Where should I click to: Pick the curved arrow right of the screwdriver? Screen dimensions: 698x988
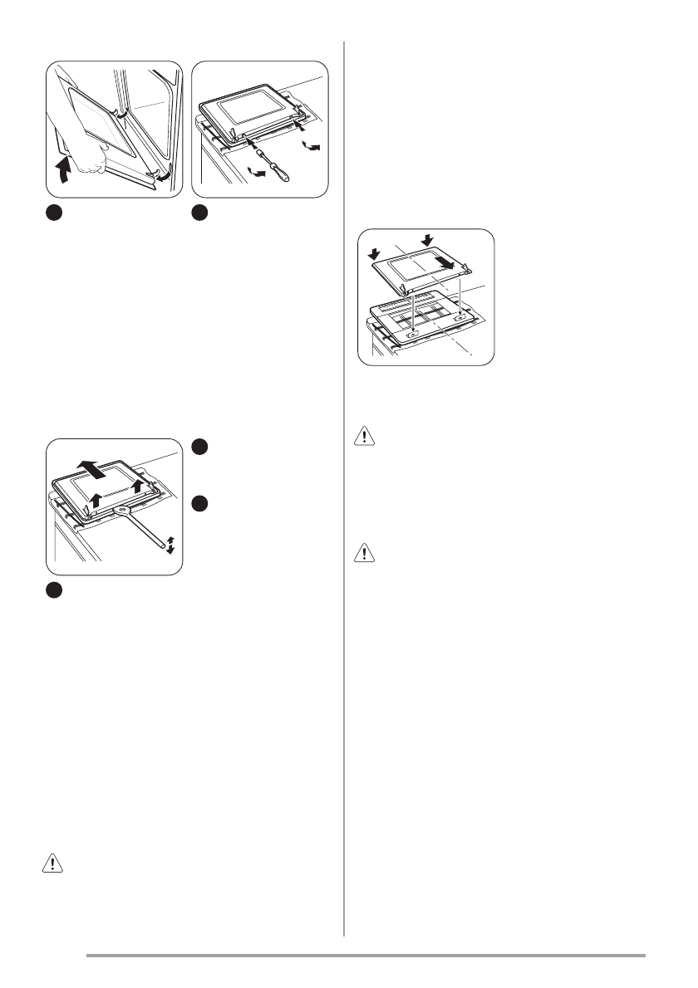point(311,146)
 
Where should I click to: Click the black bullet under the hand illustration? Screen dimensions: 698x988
point(53,213)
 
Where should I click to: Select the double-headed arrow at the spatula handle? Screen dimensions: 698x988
point(170,545)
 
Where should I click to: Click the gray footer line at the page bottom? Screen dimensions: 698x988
point(366,956)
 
